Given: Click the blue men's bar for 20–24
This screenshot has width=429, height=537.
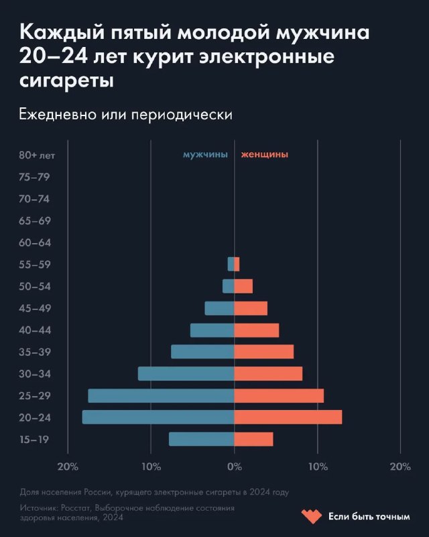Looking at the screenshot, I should (x=158, y=418).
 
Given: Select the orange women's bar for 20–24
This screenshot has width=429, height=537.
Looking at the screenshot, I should (x=288, y=418).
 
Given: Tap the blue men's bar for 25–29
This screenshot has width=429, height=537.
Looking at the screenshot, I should (x=161, y=396).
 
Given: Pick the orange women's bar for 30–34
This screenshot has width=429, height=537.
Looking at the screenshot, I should (x=268, y=374).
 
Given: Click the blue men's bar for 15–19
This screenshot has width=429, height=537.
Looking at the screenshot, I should (x=201, y=439).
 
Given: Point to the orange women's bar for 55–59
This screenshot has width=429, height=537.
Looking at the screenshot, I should (x=237, y=264).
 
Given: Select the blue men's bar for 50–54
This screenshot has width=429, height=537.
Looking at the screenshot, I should (x=229, y=287).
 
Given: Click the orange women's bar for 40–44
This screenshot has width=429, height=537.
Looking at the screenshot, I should (x=256, y=330).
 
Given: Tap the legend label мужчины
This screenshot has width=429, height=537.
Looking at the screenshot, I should (x=205, y=154).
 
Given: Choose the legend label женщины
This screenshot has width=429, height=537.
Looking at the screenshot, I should (x=264, y=154).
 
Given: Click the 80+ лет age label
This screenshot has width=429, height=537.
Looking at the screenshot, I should (x=37, y=155).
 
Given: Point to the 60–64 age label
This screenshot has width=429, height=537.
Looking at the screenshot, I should (x=35, y=243).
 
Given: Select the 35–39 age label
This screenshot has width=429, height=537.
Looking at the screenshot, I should (x=35, y=352).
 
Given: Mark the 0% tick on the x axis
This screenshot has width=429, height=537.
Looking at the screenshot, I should (x=234, y=467).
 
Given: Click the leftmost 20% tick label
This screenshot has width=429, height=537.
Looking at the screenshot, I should (x=68, y=467).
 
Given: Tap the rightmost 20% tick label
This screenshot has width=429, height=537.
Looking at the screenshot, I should (x=400, y=467).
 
